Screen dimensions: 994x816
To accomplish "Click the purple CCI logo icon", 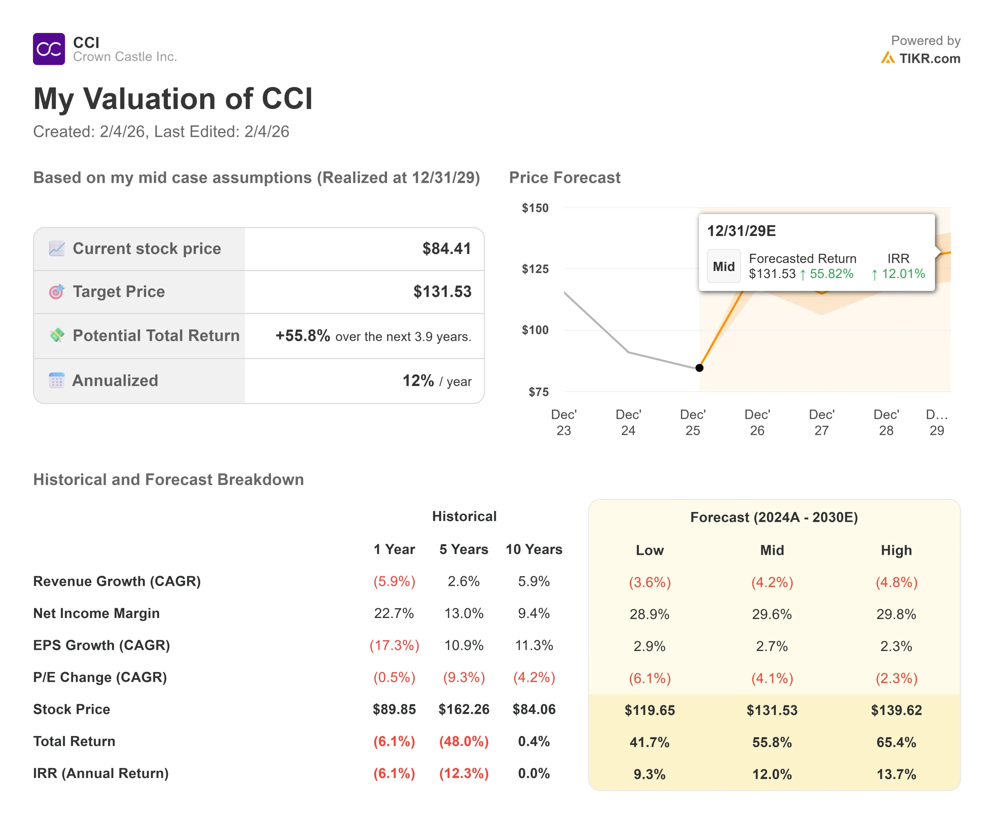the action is (49, 49).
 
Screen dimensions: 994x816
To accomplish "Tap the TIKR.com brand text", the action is (930, 58).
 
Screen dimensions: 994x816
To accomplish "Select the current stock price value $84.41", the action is (446, 248).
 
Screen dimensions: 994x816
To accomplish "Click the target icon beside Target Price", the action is (56, 292).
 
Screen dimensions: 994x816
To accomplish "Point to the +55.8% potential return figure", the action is (302, 336).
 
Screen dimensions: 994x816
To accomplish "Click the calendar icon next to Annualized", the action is (56, 380).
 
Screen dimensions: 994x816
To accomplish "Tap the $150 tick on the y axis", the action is (535, 208).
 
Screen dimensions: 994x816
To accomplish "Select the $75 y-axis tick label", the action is (539, 392).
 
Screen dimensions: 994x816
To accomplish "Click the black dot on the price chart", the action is (699, 368).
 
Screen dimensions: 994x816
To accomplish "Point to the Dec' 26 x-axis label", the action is (757, 422).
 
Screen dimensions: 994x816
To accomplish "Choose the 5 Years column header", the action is (464, 549).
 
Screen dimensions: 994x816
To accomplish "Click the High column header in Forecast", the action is (896, 550).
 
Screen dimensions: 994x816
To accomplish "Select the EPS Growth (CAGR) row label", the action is (102, 645).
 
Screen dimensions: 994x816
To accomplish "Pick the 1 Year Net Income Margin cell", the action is (394, 613).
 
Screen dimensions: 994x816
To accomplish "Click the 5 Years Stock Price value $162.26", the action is (464, 709).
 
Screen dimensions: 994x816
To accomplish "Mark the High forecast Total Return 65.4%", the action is (896, 742).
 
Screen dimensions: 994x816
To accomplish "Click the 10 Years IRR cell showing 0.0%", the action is (533, 773).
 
